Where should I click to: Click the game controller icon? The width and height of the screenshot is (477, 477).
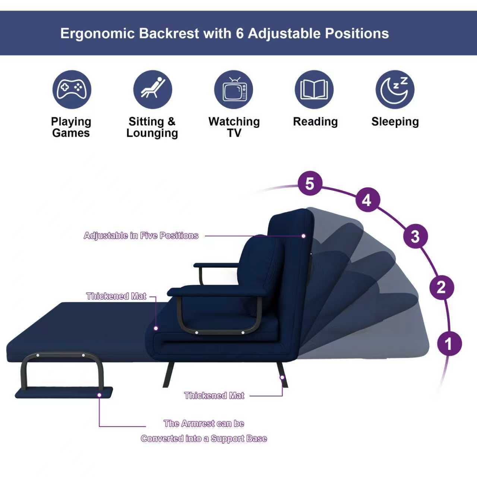(x=72, y=89)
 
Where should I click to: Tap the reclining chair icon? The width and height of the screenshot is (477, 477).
(x=153, y=89)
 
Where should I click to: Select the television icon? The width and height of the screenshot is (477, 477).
(x=233, y=89)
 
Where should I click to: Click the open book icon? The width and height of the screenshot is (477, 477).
(x=314, y=89)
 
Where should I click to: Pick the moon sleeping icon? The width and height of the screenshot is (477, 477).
(x=395, y=89)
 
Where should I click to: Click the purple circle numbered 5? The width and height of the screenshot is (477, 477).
(x=310, y=183)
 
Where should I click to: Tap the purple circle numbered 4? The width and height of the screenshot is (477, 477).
(x=367, y=200)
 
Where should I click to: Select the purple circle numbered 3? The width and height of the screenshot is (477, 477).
(x=416, y=236)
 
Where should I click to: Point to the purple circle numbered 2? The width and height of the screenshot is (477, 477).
(x=441, y=287)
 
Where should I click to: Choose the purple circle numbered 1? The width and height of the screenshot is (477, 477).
(x=449, y=344)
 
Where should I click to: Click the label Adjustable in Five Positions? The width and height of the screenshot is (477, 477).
(x=141, y=236)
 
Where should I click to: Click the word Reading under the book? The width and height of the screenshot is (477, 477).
(x=315, y=121)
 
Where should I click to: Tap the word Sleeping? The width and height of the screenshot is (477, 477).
(x=395, y=121)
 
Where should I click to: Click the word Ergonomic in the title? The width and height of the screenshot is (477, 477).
(x=98, y=34)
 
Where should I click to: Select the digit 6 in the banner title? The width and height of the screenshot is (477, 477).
(x=240, y=33)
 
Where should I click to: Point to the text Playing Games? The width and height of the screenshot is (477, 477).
(x=71, y=127)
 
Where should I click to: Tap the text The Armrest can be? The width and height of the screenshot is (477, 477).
(x=204, y=423)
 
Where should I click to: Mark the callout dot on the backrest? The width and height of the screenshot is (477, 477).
(x=303, y=236)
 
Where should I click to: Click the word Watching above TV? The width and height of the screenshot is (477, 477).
(x=234, y=121)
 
